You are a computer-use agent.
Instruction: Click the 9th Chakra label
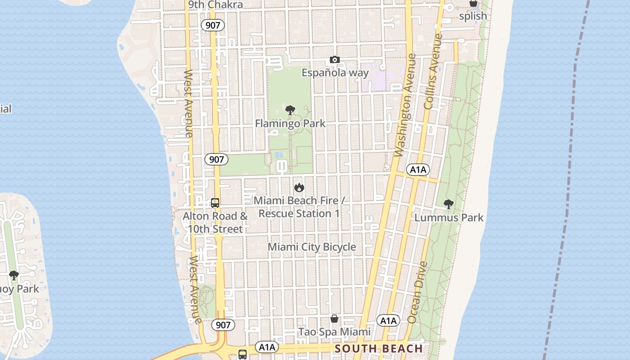point(216,5)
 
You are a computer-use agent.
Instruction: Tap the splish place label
point(473,16)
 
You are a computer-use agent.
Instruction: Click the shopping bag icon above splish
point(473,3)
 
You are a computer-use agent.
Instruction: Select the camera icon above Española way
point(334,60)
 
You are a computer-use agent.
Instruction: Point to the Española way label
point(335,73)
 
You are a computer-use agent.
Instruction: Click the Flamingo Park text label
point(290,123)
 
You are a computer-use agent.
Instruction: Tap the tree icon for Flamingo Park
point(290,110)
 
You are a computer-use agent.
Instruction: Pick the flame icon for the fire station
point(299,187)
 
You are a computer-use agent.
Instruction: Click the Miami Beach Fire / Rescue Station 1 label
point(299,207)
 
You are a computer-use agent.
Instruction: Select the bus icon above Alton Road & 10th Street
point(215,203)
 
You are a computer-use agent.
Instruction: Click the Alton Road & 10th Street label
point(215,222)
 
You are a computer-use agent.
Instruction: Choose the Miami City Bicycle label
point(312,247)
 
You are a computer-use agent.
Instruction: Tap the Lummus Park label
point(449,218)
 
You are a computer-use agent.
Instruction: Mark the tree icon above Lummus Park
point(449,204)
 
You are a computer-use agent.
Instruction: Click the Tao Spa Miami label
point(335,332)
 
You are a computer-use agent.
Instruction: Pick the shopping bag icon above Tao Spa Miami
point(334,319)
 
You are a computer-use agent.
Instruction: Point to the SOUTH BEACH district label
point(379,349)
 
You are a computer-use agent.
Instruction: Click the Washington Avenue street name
point(405,106)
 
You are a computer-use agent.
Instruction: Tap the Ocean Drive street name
point(417,292)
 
